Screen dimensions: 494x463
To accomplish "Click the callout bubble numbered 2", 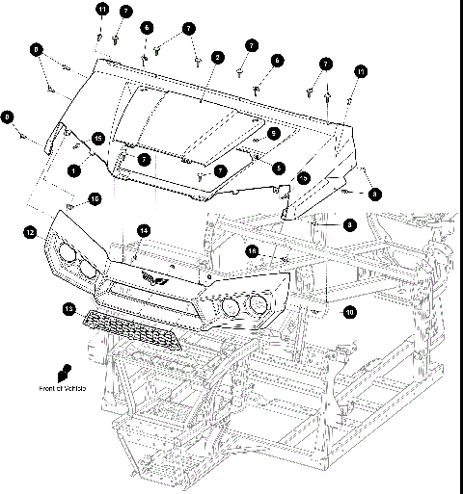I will [x=218, y=58].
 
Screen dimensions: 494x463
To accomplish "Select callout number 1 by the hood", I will [x=74, y=169].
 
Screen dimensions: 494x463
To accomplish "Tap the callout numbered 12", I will [x=31, y=232].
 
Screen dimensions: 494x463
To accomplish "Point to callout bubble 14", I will [x=144, y=230].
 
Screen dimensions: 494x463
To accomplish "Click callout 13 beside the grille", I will [x=68, y=308].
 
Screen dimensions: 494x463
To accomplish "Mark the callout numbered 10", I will [x=349, y=312].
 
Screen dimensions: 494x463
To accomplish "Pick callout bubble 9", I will [x=9, y=117].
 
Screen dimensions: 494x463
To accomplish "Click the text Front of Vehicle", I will [x=63, y=388].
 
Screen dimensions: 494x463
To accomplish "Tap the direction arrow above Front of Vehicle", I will [x=68, y=371].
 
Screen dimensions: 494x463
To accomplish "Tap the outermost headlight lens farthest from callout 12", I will [x=258, y=307].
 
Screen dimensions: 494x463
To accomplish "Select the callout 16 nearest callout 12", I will [x=95, y=199].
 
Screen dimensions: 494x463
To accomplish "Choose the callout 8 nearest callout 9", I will [x=37, y=47].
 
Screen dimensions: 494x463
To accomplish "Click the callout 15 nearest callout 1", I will [x=97, y=139].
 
